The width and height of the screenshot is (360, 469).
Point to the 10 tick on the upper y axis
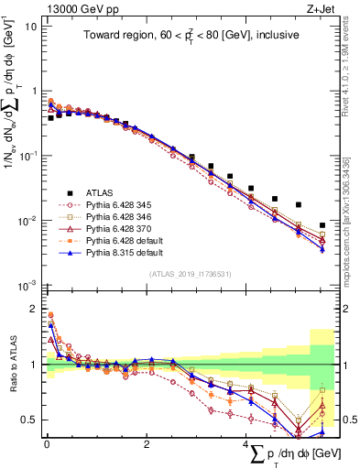(30, 27)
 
